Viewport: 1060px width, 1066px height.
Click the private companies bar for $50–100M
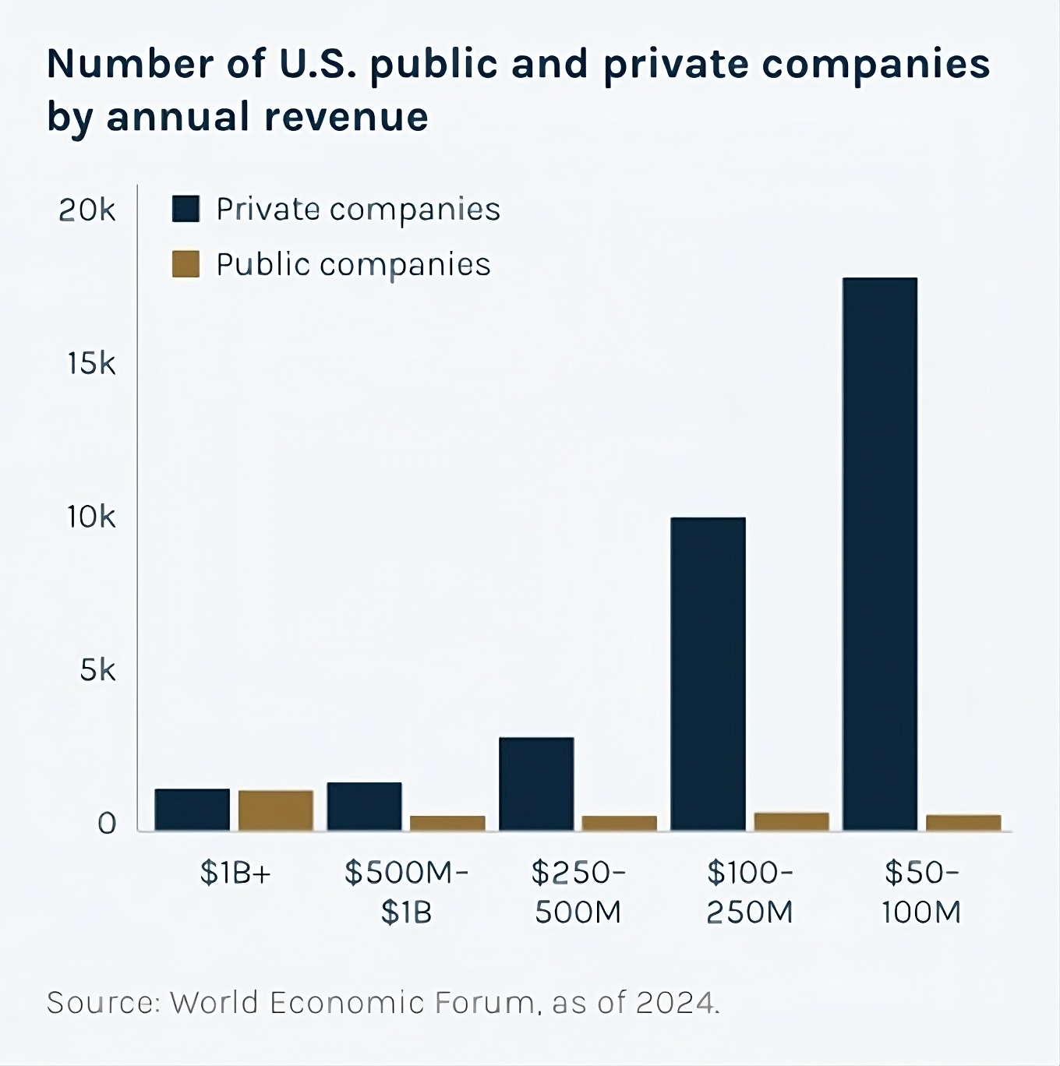880,553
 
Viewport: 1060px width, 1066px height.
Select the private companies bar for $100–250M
708,673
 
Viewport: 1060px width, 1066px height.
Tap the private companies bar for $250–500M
536,783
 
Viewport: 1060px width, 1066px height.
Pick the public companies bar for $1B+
276,810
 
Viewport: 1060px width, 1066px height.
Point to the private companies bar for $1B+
193,810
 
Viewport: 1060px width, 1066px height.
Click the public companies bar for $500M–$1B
447,823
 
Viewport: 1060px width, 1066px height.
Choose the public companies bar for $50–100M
963,822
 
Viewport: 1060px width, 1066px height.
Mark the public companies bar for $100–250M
791,821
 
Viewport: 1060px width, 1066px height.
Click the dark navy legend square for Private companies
185,209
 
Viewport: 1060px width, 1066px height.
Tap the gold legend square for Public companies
185,264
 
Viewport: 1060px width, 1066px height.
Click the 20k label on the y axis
87,210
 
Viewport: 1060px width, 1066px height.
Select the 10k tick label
90,517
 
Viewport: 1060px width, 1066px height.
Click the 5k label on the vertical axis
97,670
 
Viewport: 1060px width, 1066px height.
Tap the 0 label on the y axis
107,824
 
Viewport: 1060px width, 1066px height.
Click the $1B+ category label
235,874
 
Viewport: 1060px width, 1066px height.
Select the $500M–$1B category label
406,892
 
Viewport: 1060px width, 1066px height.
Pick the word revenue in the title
345,117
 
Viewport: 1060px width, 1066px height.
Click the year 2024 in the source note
675,1002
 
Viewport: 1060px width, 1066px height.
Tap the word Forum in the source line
484,1002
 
